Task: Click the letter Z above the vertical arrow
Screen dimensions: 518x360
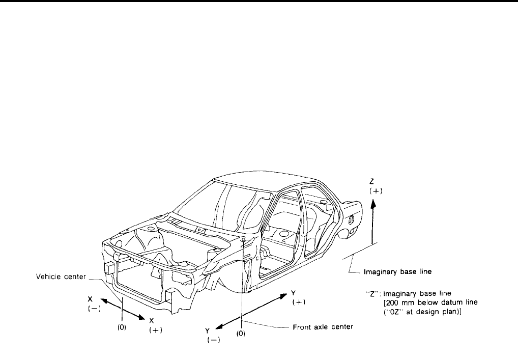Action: click(x=373, y=180)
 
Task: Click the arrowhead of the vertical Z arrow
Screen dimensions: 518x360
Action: click(x=373, y=203)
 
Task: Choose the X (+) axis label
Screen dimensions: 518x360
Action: click(x=152, y=325)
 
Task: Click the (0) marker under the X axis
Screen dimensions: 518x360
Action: click(x=122, y=328)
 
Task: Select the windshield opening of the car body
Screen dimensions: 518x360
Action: click(x=216, y=204)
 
